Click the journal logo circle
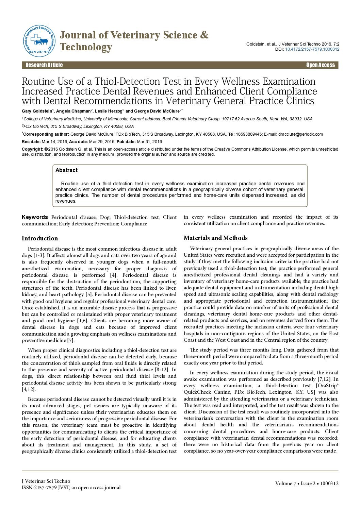click(x=39, y=41)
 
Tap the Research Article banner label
click(x=44, y=65)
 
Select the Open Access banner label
click(x=320, y=65)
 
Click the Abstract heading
click(x=66, y=170)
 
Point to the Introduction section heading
click(x=40, y=238)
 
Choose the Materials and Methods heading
click(x=216, y=238)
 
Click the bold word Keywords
click(x=35, y=217)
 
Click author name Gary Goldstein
click(x=37, y=111)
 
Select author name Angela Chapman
click(x=73, y=111)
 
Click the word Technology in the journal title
click(x=86, y=47)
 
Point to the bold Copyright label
click(x=33, y=149)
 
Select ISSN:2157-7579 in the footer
click(x=37, y=488)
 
